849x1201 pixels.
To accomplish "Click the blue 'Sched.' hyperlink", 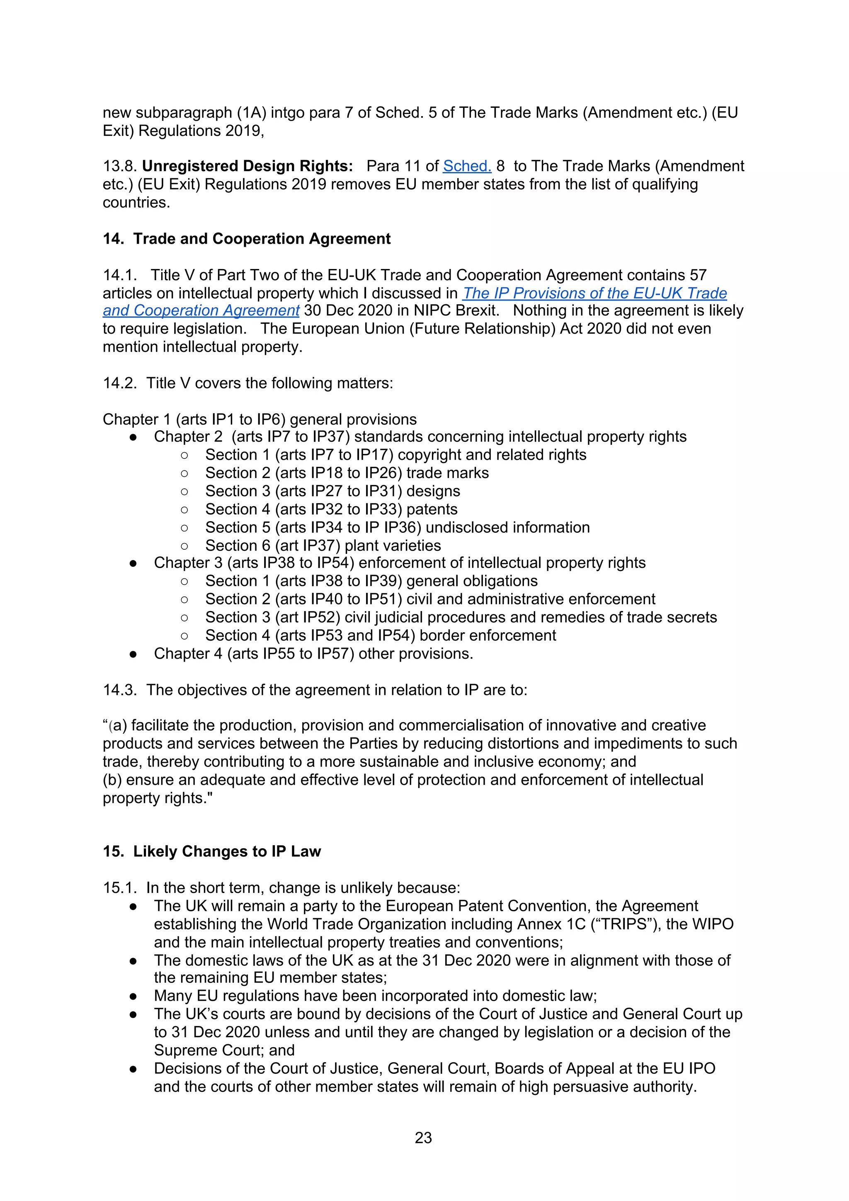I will click(x=467, y=166).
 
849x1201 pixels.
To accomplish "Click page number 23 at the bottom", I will click(x=423, y=1137).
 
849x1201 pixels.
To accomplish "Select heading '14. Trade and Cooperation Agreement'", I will click(x=246, y=239).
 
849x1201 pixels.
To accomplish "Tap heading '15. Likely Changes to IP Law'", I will click(x=211, y=852).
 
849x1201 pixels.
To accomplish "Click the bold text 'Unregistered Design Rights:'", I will click(x=247, y=166).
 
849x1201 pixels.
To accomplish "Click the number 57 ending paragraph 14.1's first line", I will click(x=698, y=275).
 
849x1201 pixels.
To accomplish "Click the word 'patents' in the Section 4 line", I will click(x=432, y=510).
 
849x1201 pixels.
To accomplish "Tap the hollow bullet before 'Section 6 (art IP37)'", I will click(x=184, y=546).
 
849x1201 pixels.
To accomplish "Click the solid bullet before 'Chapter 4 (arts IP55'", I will click(x=133, y=654).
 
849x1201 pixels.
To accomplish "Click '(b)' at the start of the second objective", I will click(x=112, y=780).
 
